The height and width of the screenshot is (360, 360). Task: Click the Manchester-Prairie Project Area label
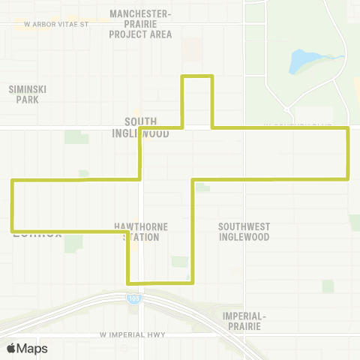click(140, 24)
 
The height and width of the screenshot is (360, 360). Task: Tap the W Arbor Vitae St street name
click(56, 24)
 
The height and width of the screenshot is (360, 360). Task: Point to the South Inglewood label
click(146, 127)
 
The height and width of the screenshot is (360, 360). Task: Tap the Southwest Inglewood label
click(244, 232)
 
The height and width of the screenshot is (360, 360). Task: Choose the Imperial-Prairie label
click(245, 320)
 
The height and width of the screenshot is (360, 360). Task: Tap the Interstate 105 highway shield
click(132, 298)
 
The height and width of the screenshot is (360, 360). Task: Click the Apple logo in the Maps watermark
click(11, 348)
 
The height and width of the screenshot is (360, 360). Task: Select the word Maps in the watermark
click(32, 348)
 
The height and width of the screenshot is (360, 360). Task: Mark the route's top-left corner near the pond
click(184, 76)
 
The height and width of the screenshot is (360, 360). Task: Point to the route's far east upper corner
click(348, 129)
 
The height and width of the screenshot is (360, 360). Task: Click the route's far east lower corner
click(348, 178)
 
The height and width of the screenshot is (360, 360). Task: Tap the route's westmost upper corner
click(12, 180)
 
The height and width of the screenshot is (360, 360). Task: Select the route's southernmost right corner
click(193, 282)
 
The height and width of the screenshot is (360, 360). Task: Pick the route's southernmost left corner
click(129, 283)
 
